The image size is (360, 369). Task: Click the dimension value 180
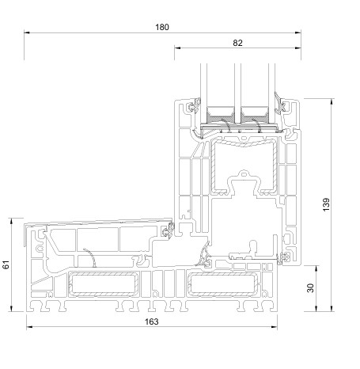pos(162,27)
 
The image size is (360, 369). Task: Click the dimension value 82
pos(237,43)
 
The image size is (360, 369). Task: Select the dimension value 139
pos(326,204)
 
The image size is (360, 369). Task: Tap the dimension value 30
pos(311,288)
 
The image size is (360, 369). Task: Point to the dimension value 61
pos(6,264)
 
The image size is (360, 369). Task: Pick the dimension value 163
pos(152,321)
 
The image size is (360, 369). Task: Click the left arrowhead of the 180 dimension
pos(27,32)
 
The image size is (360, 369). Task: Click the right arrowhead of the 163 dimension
pos(275,327)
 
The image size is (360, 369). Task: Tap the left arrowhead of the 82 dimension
pos(177,48)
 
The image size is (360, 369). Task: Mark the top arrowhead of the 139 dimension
pos(332,101)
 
